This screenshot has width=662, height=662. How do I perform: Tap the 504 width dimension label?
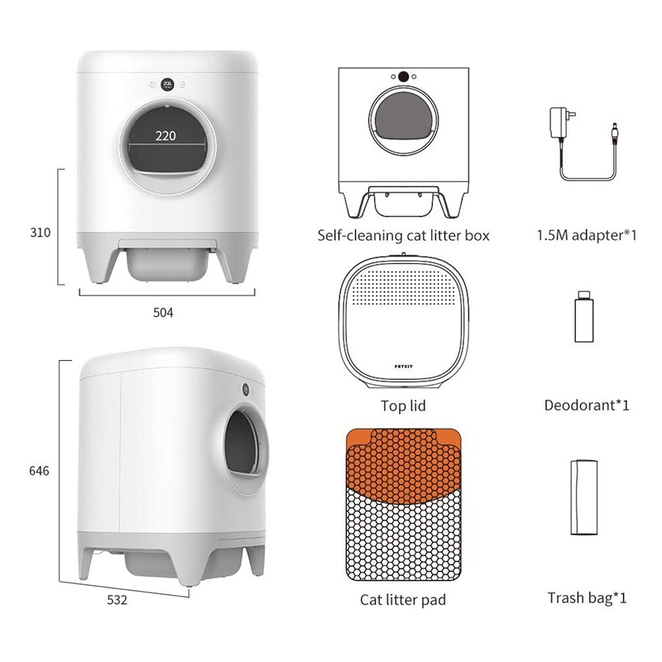165,312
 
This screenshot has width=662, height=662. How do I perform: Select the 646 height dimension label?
39,471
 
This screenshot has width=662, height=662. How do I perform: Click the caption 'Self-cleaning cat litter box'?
403,236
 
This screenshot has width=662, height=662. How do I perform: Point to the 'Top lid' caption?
403,406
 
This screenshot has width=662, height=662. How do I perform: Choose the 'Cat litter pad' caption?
403,599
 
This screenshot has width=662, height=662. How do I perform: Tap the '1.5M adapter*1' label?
586,236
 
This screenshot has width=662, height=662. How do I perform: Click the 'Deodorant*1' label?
587,406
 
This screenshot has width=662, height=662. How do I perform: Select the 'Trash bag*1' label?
586,597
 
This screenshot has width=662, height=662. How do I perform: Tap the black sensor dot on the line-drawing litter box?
404,77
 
